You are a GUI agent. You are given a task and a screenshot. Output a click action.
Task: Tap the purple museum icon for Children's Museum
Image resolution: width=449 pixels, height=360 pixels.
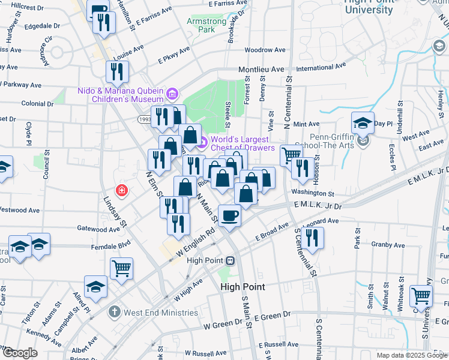[x=173, y=94]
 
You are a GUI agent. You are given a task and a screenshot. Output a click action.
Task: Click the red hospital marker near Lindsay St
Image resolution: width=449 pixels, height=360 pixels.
[x=122, y=191]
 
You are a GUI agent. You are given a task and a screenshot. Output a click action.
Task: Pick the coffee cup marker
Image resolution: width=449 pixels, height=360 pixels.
[x=229, y=215]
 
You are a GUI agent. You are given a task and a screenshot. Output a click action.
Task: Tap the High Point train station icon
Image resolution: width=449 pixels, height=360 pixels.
[x=230, y=260]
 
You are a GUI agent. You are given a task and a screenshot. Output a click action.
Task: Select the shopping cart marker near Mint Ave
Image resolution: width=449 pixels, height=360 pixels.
[x=291, y=155]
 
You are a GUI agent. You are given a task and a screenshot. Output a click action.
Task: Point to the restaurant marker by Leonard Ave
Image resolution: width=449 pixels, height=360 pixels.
[x=312, y=237]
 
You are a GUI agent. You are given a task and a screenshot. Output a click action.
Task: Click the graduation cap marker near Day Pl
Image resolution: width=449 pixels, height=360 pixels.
[x=363, y=122]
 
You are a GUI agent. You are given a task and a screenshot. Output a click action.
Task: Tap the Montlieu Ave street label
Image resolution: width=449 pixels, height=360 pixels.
[x=261, y=70]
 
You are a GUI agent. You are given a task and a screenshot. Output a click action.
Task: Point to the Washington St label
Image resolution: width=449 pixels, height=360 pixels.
[x=313, y=194]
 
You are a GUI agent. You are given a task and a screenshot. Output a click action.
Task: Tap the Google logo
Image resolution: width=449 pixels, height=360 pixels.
[x=20, y=353]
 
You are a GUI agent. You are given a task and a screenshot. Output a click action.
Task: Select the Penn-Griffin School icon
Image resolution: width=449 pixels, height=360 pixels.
[x=363, y=142]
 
